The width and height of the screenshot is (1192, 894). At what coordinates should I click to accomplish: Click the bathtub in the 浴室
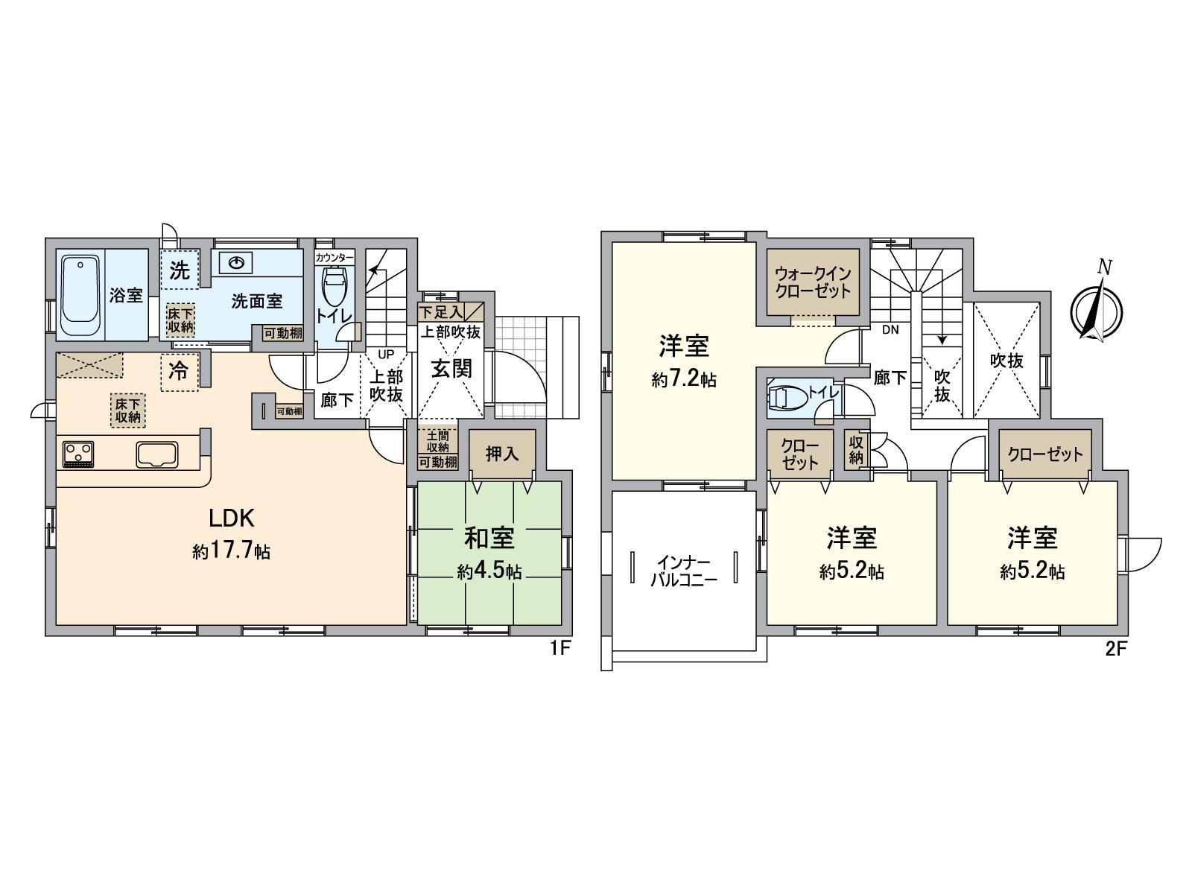(x=80, y=295)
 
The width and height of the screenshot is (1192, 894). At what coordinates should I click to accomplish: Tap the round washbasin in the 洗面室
(x=236, y=264)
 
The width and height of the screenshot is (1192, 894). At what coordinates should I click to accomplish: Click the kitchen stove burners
(x=79, y=454)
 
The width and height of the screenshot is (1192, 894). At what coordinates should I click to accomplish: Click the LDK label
(x=232, y=519)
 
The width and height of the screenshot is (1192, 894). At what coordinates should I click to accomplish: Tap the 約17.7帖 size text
(x=232, y=551)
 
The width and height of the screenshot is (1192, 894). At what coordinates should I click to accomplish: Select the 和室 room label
(x=489, y=538)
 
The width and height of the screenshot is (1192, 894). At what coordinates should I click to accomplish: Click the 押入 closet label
(x=502, y=453)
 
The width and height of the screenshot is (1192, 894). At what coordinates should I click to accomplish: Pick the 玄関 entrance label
(x=451, y=369)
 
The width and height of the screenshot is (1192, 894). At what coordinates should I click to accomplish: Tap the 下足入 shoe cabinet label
(x=440, y=313)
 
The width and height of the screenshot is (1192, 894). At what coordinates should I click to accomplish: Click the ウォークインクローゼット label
(x=812, y=282)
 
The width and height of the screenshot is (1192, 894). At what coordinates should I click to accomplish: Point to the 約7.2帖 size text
(x=684, y=379)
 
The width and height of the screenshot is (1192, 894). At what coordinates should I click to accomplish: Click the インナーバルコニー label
(x=684, y=571)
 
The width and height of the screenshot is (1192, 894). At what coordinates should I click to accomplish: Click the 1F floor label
(x=560, y=648)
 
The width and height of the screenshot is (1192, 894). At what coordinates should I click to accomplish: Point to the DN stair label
(x=890, y=329)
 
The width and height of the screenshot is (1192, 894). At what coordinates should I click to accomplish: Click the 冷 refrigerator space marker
(x=179, y=371)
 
